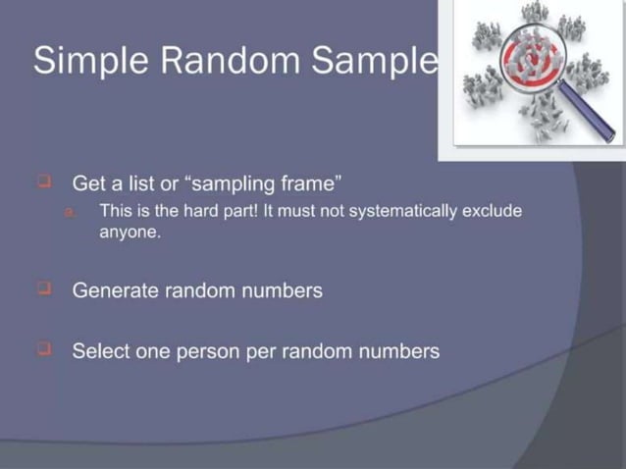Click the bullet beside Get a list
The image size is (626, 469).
click(x=44, y=182)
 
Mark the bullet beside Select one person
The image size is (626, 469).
click(x=44, y=348)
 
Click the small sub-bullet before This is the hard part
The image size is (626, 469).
click(x=70, y=212)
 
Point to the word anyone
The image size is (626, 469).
click(x=129, y=234)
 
